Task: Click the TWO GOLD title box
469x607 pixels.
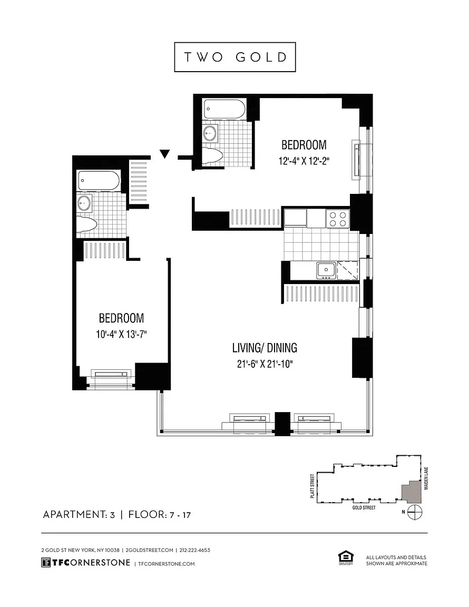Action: point(234,57)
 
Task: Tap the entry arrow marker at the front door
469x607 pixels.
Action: point(165,154)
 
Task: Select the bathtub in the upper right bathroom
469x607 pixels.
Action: point(224,109)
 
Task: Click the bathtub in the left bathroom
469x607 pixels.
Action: point(99,180)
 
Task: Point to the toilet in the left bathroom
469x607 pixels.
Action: point(86,223)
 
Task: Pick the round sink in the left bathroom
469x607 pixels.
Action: point(84,203)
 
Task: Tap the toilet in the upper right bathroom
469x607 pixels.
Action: point(212,155)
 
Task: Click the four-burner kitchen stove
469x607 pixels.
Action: point(338,219)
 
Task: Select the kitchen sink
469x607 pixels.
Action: point(326,270)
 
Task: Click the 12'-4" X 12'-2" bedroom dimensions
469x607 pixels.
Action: point(304,161)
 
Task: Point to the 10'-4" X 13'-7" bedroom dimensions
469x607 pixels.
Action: point(121,334)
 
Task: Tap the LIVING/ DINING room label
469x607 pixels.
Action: point(265,348)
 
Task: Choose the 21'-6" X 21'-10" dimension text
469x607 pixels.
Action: point(265,364)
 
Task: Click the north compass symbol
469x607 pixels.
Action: point(415,512)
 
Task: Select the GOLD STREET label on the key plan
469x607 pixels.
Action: point(364,507)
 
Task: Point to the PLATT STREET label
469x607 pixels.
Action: point(312,486)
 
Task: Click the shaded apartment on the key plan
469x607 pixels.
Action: point(411,492)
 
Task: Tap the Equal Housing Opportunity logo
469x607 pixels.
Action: point(346,559)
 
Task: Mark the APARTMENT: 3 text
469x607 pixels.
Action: point(79,514)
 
